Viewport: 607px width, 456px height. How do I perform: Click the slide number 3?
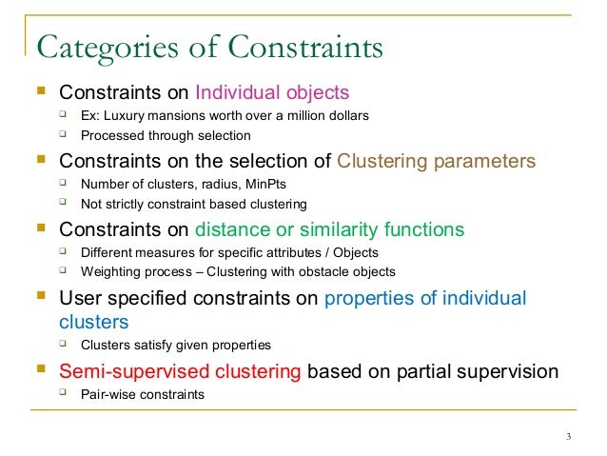point(568,437)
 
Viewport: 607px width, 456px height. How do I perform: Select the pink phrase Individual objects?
point(272,93)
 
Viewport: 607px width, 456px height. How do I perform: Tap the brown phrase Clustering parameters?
point(437,161)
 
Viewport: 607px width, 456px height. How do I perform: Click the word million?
point(306,116)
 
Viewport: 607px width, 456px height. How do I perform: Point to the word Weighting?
point(112,271)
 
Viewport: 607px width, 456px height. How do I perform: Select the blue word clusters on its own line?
point(94,322)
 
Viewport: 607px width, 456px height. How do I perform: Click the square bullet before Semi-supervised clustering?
point(39,370)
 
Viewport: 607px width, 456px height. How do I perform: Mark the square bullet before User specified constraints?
point(39,298)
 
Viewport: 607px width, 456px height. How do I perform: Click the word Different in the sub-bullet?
point(108,252)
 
